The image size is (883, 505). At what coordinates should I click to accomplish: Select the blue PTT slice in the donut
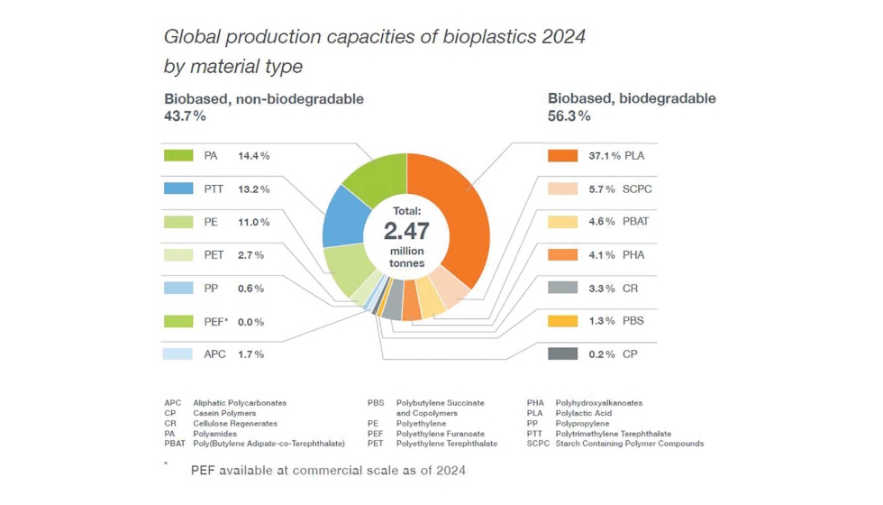point(341,216)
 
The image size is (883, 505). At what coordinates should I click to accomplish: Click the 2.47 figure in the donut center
point(406,231)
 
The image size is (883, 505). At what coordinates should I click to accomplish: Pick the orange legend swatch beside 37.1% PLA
point(562,156)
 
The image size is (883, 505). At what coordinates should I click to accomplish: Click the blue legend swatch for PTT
point(178,189)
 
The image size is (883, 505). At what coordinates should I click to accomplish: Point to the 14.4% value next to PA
point(253,156)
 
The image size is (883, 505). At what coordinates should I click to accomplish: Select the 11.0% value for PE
point(253,223)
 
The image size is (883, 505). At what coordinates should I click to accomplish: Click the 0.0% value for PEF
point(250,322)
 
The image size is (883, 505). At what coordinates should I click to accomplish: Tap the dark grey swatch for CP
point(562,354)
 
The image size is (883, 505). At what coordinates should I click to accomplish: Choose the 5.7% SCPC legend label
point(620,189)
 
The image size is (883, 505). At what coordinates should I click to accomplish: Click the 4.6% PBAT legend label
point(619,222)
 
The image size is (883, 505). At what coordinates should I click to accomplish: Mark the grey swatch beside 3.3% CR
point(562,289)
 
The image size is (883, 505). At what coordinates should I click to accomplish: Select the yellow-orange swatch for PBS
point(562,321)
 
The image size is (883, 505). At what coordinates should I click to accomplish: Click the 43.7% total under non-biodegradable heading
point(185,116)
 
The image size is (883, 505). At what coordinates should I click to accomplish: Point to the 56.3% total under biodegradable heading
point(569,116)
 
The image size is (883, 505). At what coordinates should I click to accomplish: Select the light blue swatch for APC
point(178,354)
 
